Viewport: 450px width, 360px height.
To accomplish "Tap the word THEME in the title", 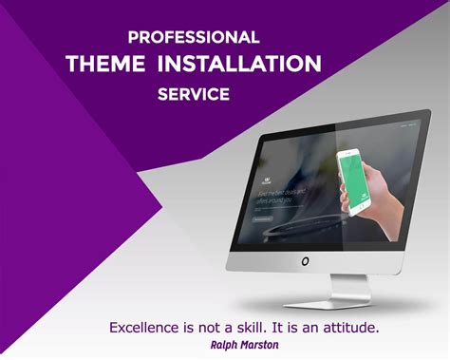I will (105, 65).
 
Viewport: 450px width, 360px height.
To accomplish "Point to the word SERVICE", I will (194, 94).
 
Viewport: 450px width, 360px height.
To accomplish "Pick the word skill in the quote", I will (257, 328).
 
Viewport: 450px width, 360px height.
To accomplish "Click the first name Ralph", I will (228, 346).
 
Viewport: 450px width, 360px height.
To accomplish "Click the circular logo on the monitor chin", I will (306, 260).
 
